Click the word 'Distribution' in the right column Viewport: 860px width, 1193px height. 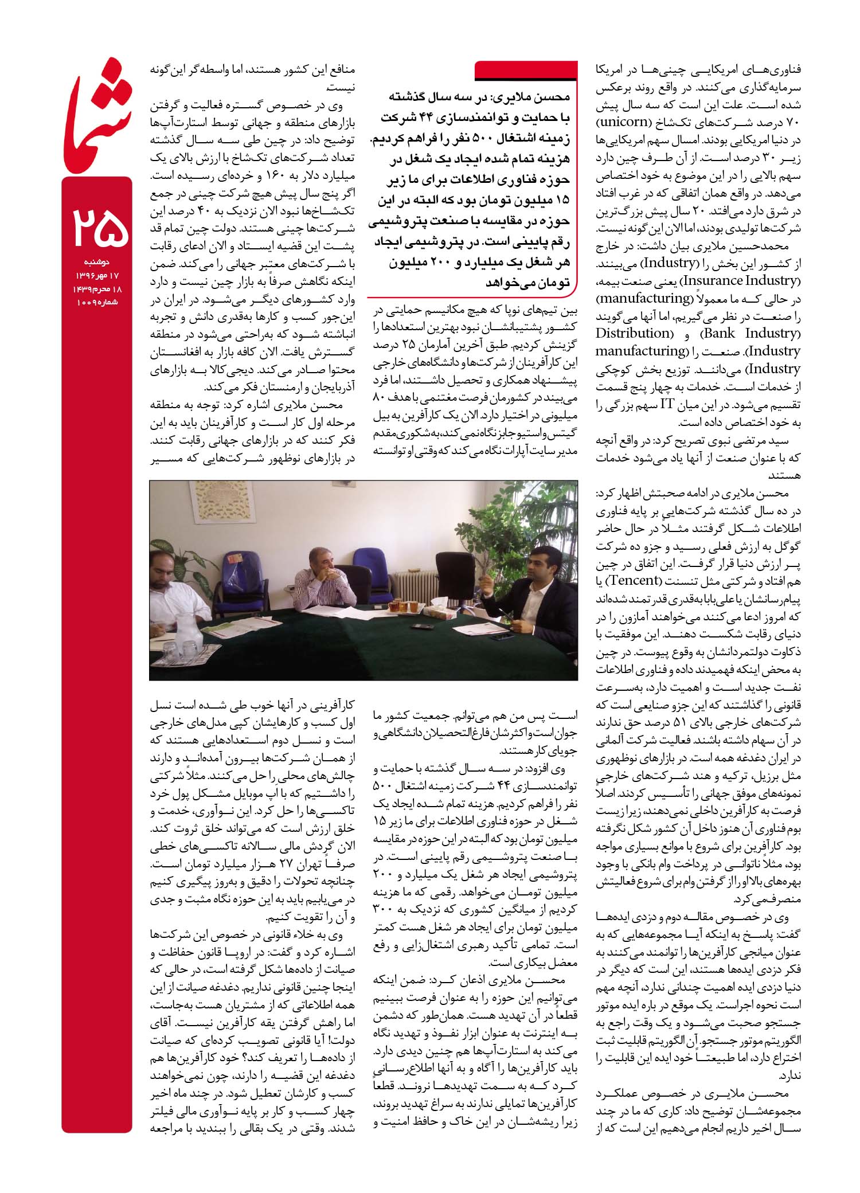[633, 333]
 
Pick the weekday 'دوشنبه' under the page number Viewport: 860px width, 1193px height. [99, 263]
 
